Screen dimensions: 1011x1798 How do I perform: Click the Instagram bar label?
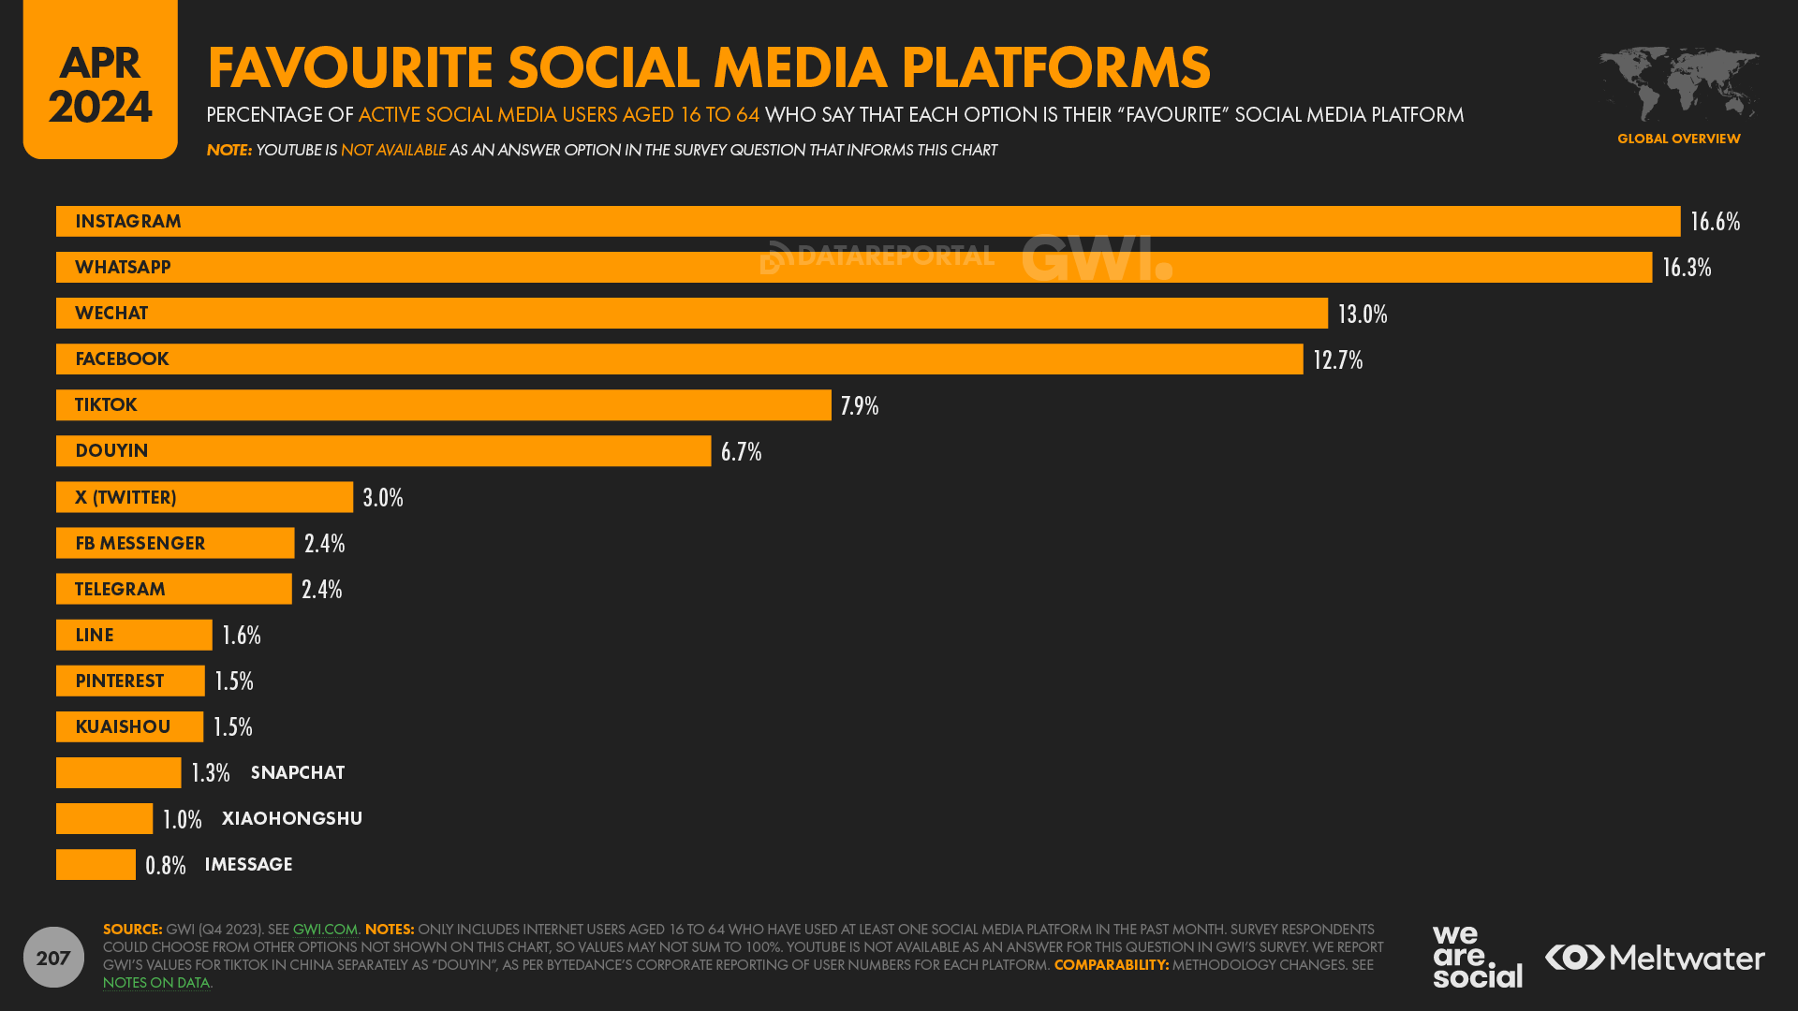tap(128, 222)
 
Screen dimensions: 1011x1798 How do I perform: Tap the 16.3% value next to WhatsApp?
tap(1687, 268)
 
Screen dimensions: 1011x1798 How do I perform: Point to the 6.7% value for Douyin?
tap(741, 452)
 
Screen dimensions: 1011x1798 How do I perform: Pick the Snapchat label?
tap(298, 773)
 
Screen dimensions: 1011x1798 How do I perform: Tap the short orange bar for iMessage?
tap(96, 865)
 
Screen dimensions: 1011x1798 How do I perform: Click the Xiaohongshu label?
tap(292, 819)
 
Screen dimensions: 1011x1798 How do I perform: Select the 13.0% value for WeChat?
tap(1363, 315)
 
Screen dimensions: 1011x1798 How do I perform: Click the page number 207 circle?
tap(53, 958)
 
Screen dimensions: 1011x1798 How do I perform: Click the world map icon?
tap(1678, 82)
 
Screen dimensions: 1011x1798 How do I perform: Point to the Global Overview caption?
tap(1678, 139)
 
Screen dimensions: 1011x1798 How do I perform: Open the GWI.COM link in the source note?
tap(325, 930)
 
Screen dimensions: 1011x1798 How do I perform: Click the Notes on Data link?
tap(156, 983)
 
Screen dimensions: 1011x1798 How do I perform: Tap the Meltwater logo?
tap(1655, 958)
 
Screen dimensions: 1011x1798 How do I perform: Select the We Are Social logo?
tap(1477, 957)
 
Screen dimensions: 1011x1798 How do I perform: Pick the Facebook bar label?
tap(122, 359)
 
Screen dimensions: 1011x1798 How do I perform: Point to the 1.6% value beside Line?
tap(242, 636)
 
